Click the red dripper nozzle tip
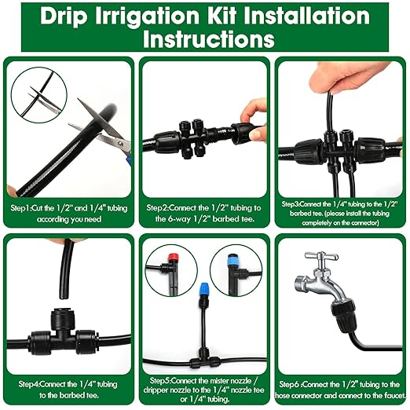pos(171,257)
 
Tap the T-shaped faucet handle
pos(322,257)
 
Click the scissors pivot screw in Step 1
pos(121,144)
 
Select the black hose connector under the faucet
pos(343,317)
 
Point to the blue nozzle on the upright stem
pos(203,288)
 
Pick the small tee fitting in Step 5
pos(203,360)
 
